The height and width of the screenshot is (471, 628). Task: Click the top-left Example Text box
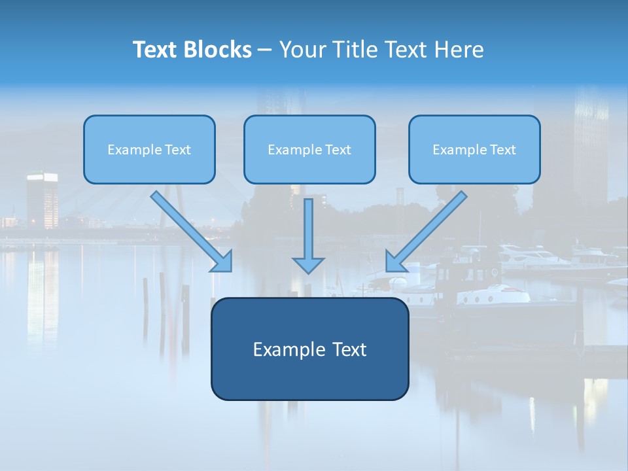click(149, 150)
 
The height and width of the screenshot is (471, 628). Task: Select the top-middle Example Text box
click(309, 150)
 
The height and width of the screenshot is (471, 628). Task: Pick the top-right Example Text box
click(474, 150)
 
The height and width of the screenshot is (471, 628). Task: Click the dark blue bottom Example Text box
click(309, 349)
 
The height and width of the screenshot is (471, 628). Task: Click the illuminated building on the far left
click(42, 200)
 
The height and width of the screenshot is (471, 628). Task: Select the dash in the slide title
click(265, 50)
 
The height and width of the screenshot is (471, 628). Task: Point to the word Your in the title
click(300, 50)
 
